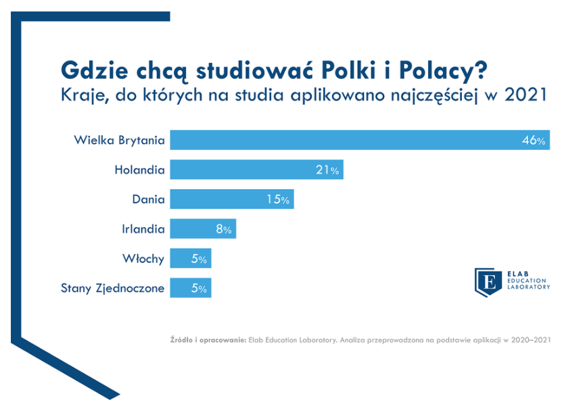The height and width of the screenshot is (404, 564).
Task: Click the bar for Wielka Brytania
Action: coord(360,140)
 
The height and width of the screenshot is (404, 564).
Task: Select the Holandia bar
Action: coord(257,170)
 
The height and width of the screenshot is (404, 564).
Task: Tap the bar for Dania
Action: coord(232,199)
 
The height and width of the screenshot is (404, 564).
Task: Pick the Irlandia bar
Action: coord(204,228)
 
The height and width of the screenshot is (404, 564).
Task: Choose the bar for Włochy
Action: coord(191,258)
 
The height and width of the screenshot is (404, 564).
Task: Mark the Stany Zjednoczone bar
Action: coord(191,288)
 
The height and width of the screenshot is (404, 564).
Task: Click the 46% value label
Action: coord(534,140)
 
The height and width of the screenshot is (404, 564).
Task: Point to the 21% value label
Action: coord(327,170)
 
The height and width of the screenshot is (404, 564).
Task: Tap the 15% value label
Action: coord(278,199)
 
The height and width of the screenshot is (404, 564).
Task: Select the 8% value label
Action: coord(224,229)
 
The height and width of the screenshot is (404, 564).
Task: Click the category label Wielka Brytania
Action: coord(120,140)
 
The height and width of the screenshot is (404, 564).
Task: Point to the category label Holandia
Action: coord(139,170)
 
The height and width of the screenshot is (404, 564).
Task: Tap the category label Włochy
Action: coord(143,259)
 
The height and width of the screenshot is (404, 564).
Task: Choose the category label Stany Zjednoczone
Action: coord(112,288)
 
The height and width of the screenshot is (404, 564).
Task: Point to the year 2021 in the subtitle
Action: coord(526,95)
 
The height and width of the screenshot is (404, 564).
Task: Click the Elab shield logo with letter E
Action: coord(488,282)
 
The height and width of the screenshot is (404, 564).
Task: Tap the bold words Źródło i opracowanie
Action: coord(208,340)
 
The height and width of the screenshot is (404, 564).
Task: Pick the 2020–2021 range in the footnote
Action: coord(531,340)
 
